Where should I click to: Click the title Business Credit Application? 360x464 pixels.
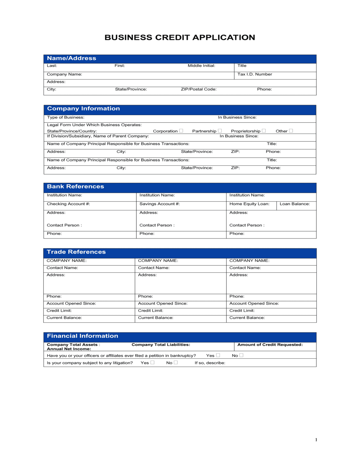180,37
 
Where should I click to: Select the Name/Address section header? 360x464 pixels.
72,58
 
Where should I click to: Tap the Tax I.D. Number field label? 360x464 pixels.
255,74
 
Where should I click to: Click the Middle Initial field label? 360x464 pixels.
201,66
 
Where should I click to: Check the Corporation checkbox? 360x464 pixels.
181,131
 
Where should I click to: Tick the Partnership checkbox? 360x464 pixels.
220,131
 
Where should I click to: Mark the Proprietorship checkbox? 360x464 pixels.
264,131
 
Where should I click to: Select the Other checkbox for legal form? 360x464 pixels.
291,131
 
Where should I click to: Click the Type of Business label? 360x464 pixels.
66,118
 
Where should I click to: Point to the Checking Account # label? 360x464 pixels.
68,204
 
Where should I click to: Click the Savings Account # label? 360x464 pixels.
159,204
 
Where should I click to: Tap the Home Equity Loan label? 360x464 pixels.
249,204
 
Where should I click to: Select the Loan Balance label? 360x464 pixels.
294,204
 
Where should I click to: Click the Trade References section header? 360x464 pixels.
76,252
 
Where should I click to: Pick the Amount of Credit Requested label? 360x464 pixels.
270,345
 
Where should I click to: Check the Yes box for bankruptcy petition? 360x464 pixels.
218,355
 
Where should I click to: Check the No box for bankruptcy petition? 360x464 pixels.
241,355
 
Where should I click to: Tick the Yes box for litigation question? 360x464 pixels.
152,363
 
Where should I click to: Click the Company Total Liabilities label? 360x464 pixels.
161,345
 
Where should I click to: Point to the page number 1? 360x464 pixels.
316,440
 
